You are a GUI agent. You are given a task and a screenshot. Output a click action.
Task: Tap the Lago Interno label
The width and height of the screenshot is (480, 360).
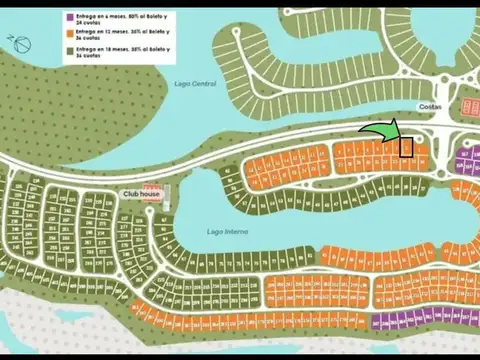click(227, 231)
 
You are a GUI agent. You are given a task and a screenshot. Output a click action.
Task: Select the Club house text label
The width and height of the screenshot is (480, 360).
click(141, 193)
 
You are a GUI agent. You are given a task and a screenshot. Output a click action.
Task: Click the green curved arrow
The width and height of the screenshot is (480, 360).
click(379, 132)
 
